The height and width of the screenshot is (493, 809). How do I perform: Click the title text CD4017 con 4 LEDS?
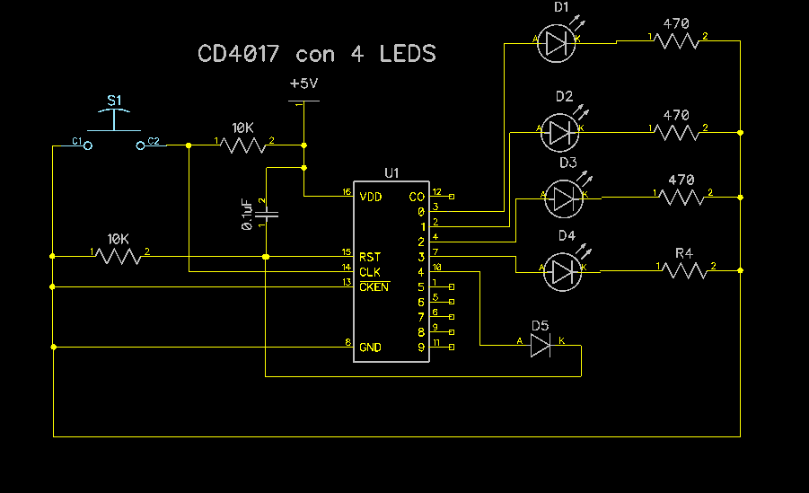click(316, 54)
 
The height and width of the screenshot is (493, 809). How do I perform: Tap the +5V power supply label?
click(303, 84)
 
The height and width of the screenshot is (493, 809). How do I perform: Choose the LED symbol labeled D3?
click(564, 195)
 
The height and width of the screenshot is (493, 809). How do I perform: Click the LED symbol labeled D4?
click(562, 269)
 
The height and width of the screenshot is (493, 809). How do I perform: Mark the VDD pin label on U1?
click(371, 196)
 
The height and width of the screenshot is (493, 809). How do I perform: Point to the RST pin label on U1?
click(369, 257)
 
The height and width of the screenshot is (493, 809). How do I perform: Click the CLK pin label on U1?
click(369, 271)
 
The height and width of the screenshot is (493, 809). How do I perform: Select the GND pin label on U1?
click(370, 348)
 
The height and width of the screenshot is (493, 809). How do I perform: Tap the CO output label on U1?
click(417, 196)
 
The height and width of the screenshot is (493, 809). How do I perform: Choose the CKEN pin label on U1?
click(374, 287)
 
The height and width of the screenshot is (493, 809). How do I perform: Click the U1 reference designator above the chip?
click(391, 172)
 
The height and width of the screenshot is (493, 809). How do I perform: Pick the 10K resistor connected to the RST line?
click(119, 256)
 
